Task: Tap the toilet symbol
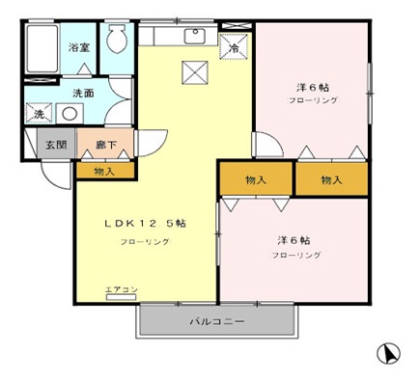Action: pos(115,41)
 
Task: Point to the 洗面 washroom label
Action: pos(83,95)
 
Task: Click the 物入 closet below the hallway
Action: pos(105,170)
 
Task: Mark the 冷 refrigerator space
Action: pos(233,43)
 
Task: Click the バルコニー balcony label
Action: pos(216,320)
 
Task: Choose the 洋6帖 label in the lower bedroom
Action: pos(293,239)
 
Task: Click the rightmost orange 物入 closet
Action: pos(331,179)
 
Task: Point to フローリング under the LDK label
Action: pos(145,241)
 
